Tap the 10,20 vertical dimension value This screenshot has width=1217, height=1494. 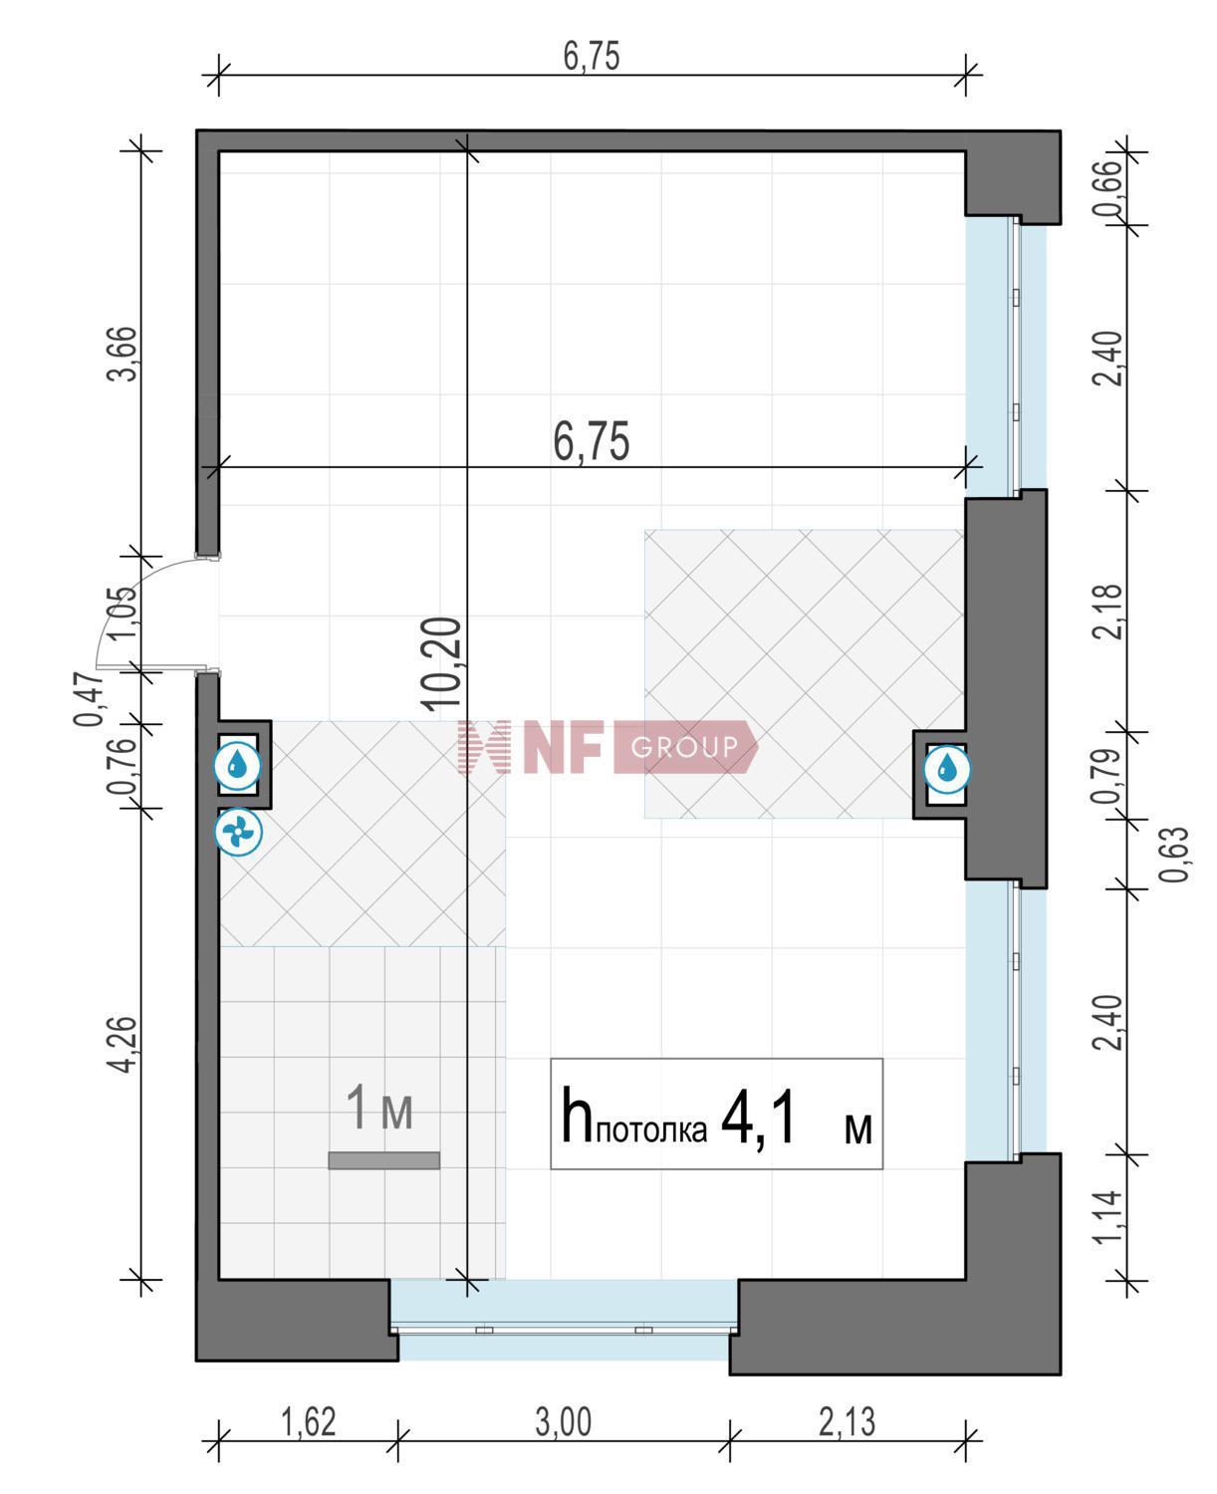click(x=443, y=663)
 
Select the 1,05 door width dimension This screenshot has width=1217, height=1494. click(x=121, y=615)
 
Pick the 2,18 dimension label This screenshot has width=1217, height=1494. click(x=1107, y=613)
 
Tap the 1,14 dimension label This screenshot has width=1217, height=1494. click(x=1107, y=1216)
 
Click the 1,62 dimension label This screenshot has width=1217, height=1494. click(x=309, y=1421)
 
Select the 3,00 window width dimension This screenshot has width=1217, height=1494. click(x=564, y=1421)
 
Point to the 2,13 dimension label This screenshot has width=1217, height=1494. click(x=848, y=1421)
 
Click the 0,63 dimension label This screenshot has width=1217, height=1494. click(x=1175, y=855)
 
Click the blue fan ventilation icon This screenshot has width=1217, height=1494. click(x=239, y=831)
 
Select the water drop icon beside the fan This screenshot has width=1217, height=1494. click(x=239, y=766)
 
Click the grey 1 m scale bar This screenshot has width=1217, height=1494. click(x=384, y=1160)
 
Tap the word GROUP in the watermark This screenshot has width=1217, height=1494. click(x=685, y=747)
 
